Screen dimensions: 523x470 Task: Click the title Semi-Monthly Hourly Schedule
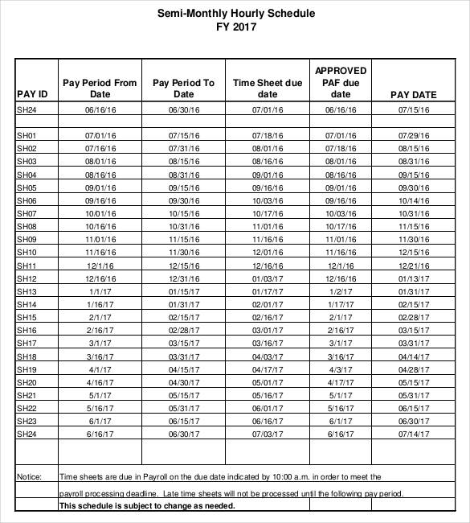235,14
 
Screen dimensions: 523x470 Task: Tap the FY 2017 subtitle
235,27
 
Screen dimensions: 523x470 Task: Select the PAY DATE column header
413,94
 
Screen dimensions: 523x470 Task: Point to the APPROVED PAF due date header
341,82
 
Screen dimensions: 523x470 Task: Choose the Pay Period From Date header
100,88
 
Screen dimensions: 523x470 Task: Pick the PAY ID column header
33,94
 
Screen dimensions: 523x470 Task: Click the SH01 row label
27,135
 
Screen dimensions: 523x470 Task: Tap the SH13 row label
27,291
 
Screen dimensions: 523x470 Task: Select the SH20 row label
27,382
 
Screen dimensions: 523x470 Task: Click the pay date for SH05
413,187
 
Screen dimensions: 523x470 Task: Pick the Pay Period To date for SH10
184,253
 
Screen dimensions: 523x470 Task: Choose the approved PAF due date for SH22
341,408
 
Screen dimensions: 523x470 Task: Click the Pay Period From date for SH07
100,213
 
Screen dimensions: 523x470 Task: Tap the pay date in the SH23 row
413,421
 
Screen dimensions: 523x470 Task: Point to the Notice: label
29,476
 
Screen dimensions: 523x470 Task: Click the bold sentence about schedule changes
147,506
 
